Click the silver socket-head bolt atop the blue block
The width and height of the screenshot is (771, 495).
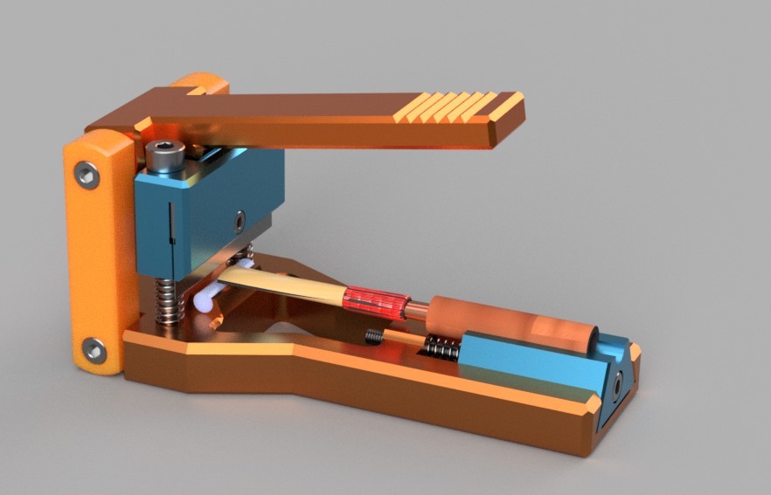point(165,157)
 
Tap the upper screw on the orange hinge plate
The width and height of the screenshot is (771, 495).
point(87,176)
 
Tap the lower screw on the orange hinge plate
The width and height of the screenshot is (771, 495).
point(94,350)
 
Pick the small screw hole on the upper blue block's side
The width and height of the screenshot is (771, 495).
point(239,223)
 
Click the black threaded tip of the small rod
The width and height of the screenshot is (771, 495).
point(373,335)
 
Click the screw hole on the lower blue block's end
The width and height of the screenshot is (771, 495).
point(619,382)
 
